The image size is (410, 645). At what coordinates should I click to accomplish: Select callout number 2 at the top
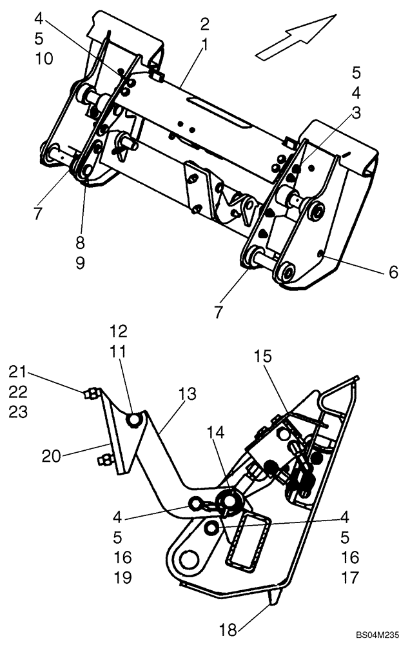(205, 25)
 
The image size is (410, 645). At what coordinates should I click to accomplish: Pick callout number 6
(393, 272)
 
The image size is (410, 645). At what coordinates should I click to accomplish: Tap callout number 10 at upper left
(44, 58)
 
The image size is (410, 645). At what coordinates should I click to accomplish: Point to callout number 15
(263, 356)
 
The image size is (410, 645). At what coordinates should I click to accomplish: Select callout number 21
(17, 372)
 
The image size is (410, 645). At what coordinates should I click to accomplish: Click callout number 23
(17, 412)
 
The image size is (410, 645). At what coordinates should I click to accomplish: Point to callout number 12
(119, 332)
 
